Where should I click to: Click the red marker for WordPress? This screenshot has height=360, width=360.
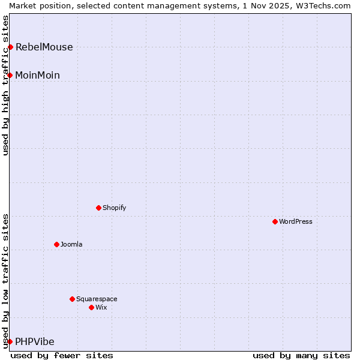(x=275, y=221)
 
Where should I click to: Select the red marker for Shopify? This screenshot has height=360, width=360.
(x=98, y=208)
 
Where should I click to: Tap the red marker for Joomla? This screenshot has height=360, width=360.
(x=56, y=244)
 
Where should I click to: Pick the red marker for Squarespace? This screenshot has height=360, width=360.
(x=72, y=299)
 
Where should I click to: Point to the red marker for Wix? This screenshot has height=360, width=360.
(x=91, y=307)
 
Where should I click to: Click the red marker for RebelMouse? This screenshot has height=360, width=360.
(x=10, y=47)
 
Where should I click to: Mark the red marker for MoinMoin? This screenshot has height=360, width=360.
(x=10, y=75)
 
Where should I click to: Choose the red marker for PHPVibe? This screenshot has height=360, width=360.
(x=10, y=341)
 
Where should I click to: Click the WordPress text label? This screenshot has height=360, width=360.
(x=295, y=221)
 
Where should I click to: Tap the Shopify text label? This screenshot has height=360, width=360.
(x=114, y=208)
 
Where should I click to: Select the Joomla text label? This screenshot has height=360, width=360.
(x=71, y=244)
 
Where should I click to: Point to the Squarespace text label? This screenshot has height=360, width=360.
(x=97, y=299)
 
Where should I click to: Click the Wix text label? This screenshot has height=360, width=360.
(x=101, y=307)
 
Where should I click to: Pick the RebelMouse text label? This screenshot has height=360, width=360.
(x=44, y=47)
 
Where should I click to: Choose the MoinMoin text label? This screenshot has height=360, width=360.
(x=37, y=75)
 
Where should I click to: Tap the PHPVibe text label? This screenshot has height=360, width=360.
(x=34, y=342)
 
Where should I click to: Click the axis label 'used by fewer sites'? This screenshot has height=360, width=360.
(x=62, y=355)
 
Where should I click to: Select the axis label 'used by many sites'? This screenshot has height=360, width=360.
(x=301, y=355)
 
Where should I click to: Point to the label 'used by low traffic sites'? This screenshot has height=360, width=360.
(x=6, y=281)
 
